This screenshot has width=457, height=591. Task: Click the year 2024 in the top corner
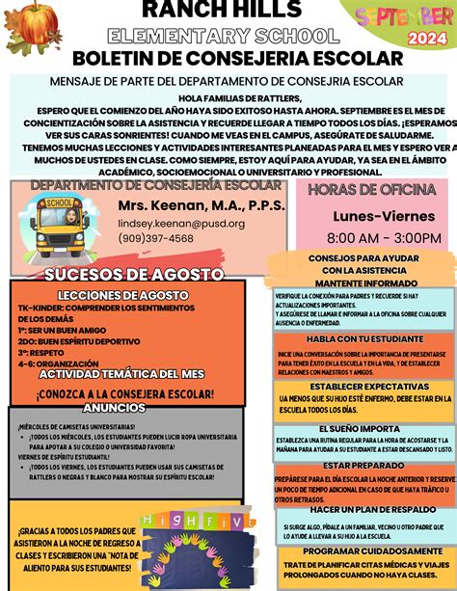coord(420,39)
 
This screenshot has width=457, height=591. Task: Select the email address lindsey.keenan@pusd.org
coord(181,223)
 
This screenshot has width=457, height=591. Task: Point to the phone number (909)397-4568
coord(155,238)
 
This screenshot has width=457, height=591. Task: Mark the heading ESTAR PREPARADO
coord(363,466)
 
